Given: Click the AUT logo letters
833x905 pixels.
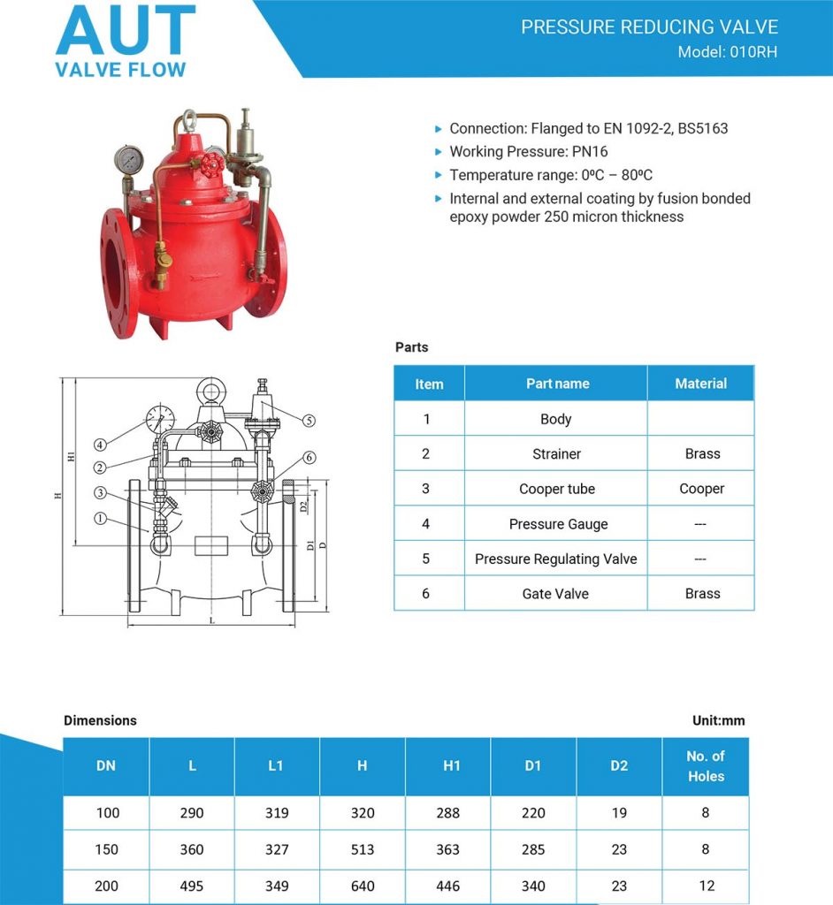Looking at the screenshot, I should [x=125, y=32].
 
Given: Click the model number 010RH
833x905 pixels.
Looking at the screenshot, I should [x=753, y=51].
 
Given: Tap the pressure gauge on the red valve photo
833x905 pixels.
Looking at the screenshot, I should [x=129, y=160].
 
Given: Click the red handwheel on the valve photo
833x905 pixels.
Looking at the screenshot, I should [x=210, y=165].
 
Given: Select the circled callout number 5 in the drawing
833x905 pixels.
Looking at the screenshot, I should [x=308, y=421].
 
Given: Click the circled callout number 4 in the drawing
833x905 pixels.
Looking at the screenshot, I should [x=101, y=445].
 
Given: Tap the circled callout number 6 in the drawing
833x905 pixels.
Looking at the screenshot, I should [x=308, y=457].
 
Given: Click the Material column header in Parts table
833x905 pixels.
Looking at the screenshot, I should [x=700, y=384].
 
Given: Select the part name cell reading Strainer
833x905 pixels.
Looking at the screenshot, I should [x=556, y=454].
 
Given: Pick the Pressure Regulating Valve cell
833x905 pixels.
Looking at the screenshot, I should [x=555, y=559].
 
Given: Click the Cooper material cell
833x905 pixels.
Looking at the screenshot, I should [x=701, y=489].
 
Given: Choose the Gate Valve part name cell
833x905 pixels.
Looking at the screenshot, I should [x=555, y=594].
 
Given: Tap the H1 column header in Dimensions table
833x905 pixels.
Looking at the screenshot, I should [x=451, y=765].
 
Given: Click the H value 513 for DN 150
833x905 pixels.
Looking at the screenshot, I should [x=363, y=849].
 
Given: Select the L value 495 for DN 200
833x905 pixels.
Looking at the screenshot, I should [x=192, y=886].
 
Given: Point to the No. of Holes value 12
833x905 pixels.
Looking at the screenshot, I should [x=705, y=886].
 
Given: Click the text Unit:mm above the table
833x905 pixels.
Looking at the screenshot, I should [x=718, y=720].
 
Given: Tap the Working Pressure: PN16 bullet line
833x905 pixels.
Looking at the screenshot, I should [x=528, y=152].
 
